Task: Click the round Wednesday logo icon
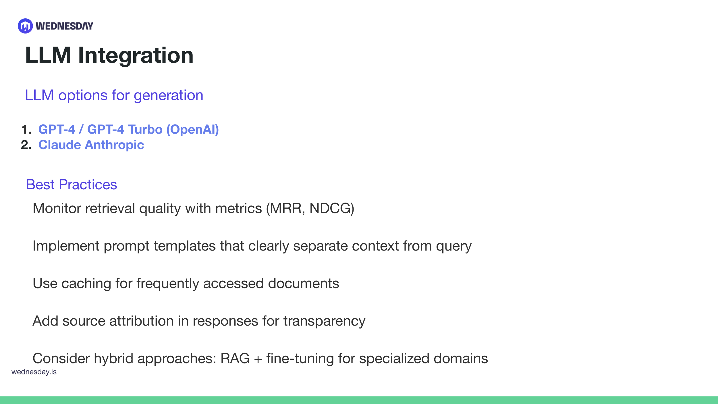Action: point(25,26)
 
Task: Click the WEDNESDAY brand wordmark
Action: point(64,26)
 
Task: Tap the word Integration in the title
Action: point(136,55)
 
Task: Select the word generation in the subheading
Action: point(168,95)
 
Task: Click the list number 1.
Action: point(26,130)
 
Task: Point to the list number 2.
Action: point(26,145)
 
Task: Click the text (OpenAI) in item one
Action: point(193,130)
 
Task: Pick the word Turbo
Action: point(145,130)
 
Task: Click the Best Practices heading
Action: point(72,184)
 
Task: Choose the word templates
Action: point(185,246)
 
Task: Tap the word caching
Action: point(86,284)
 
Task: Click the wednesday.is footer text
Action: point(34,372)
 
